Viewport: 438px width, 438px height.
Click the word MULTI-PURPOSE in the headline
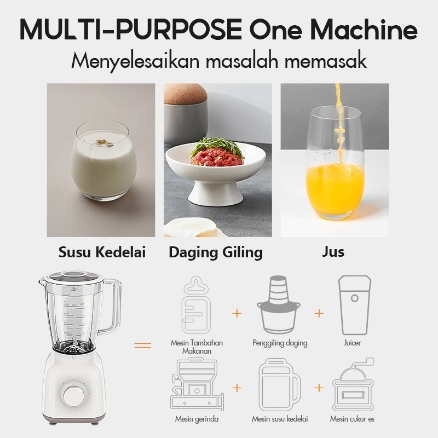pos(131,30)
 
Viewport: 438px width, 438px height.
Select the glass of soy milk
pos(103,160)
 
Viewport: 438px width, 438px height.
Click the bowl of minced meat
pos(215,170)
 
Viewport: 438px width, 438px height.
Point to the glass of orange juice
pos(335,163)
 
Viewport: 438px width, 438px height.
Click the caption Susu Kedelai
pos(102,252)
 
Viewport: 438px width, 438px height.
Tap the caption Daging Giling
pos(216,252)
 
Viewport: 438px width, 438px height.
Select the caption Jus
pos(333,251)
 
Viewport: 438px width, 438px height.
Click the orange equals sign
pos(143,345)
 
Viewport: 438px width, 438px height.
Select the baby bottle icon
pos(197,305)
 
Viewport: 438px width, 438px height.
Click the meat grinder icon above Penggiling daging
pos(279,305)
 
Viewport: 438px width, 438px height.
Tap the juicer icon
pos(354,305)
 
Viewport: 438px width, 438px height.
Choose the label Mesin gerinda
pos(197,419)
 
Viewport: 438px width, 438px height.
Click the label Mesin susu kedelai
pos(280,419)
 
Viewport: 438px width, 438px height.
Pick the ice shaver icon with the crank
pos(353,384)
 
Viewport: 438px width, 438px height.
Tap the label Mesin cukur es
pos(352,419)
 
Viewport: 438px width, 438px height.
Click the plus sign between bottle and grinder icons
pos(237,313)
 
